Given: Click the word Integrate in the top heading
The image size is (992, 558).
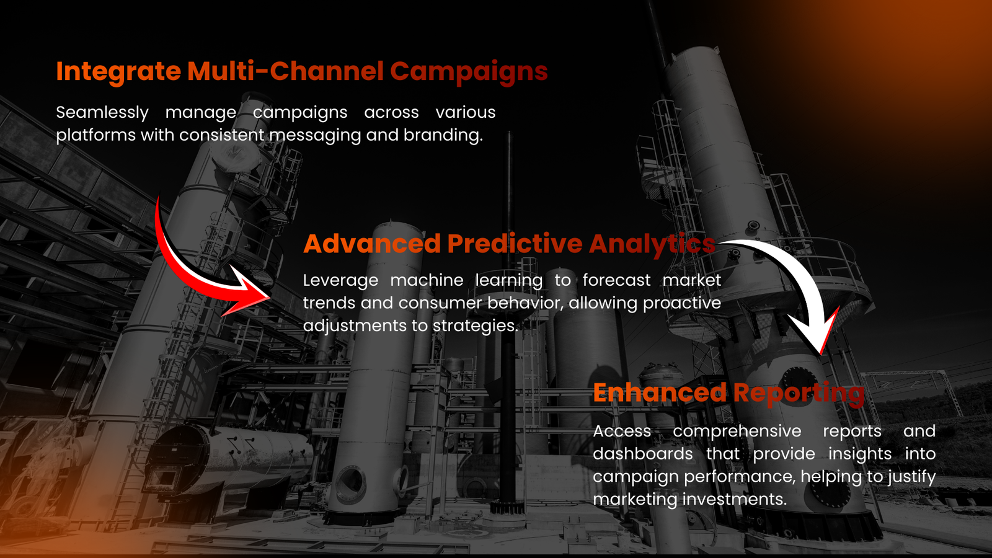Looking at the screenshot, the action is [x=118, y=72].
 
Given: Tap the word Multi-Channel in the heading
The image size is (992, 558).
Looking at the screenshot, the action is [x=285, y=71].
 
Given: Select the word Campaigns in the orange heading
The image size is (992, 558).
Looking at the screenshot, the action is [x=469, y=72].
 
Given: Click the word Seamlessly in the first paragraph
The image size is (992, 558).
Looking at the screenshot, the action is [x=102, y=113].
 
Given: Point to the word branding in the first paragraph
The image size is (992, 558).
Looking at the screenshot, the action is [x=443, y=135].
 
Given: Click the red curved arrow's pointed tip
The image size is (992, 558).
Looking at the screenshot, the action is [x=270, y=298].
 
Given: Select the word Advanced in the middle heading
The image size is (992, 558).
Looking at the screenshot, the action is [x=372, y=244].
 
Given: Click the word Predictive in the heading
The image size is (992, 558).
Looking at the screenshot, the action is [x=515, y=244].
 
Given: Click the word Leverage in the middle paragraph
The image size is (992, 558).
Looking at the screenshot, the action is [x=340, y=281].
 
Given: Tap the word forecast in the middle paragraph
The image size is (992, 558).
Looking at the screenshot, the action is [x=616, y=280].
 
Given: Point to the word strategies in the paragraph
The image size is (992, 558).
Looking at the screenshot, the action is [x=475, y=326].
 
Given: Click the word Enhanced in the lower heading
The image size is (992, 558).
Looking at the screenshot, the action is [x=660, y=392].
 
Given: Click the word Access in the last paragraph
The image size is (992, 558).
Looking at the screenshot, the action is [x=622, y=431].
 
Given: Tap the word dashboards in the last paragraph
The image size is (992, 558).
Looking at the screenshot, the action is [x=643, y=454].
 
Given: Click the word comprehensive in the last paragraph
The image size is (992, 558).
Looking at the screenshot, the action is [x=737, y=432].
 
